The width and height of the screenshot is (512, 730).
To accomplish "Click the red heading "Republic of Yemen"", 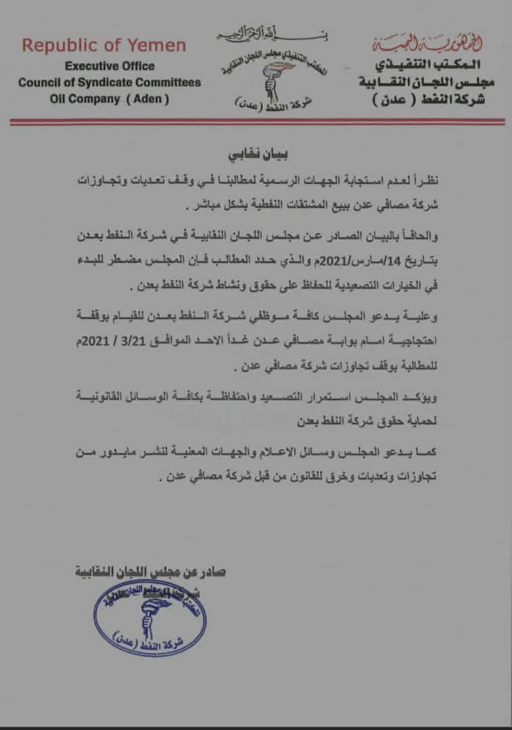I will pyautogui.click(x=104, y=46).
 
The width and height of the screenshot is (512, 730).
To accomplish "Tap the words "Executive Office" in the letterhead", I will pyautogui.click(x=109, y=66).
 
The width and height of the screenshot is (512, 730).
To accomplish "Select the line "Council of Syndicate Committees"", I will pyautogui.click(x=109, y=82).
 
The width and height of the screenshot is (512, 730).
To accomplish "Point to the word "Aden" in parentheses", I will pyautogui.click(x=148, y=99).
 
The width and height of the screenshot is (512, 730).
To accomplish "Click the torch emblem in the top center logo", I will pyautogui.click(x=257, y=75).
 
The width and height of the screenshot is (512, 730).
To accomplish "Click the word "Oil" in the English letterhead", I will pyautogui.click(x=61, y=99).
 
